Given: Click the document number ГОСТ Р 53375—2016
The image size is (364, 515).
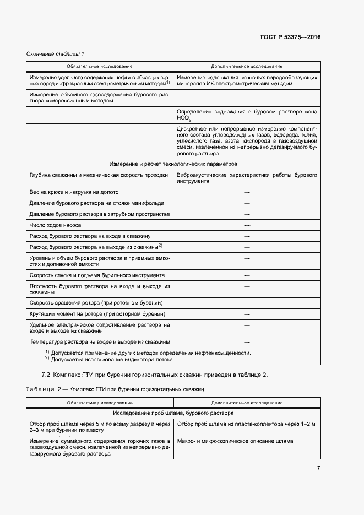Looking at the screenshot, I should click(290, 37).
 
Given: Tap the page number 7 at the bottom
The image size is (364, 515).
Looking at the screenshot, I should click(318, 468).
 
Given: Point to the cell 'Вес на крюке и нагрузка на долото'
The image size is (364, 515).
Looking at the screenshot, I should click(74, 192).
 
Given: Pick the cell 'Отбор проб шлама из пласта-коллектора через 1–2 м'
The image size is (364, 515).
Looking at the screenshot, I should click(246, 424).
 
